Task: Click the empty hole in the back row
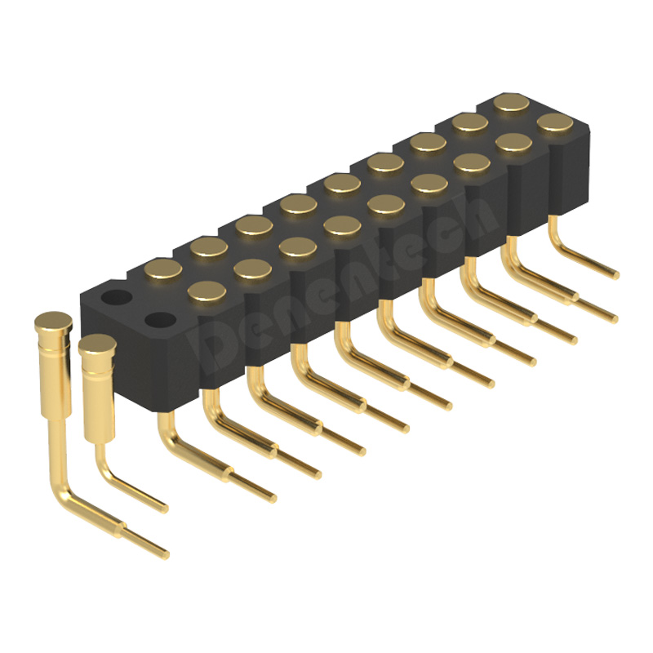point(117,297)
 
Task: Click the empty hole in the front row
point(160,320)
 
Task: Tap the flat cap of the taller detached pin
point(53,321)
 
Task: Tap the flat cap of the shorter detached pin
point(97,344)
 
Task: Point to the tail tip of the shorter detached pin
point(165,508)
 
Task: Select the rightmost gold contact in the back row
point(512,103)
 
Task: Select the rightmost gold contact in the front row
point(556,122)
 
